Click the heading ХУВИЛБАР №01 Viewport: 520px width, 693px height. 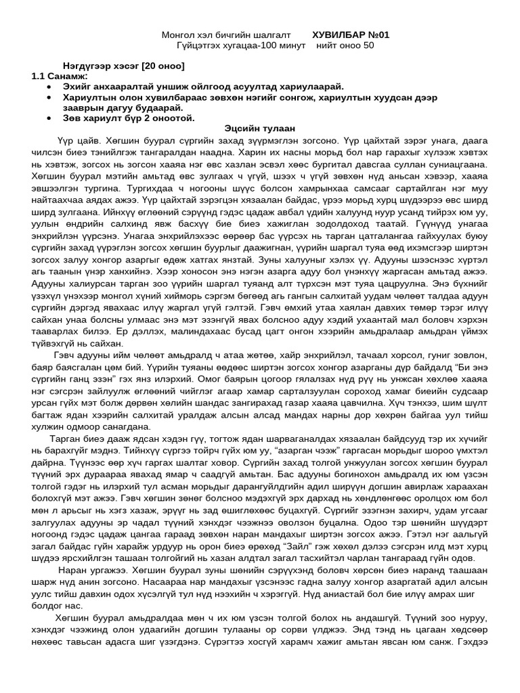click(351, 35)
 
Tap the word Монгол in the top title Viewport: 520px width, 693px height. click(177, 35)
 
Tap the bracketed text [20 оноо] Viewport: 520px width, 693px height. click(162, 66)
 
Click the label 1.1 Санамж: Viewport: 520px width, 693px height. click(59, 76)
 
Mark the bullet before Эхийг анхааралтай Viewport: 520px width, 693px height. click(49, 87)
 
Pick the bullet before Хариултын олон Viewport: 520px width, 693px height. click(49, 97)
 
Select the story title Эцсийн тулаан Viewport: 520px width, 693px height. click(259, 129)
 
